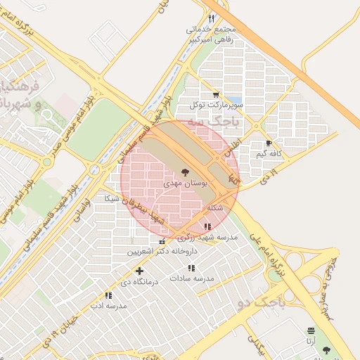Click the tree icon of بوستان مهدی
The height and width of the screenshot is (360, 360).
[x=185, y=171]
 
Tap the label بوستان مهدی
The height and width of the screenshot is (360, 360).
[x=185, y=182]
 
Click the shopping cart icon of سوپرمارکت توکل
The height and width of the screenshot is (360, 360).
[x=215, y=94]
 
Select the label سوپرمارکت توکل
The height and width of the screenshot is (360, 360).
[x=215, y=105]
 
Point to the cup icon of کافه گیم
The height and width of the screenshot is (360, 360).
[x=269, y=143]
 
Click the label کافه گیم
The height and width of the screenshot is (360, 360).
[x=269, y=153]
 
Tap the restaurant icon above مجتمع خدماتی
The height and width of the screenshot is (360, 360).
[x=210, y=18]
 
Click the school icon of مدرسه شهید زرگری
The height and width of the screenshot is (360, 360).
[x=207, y=226]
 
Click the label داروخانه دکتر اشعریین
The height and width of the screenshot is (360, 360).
[x=158, y=251]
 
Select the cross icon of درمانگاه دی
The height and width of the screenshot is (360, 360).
[x=139, y=271]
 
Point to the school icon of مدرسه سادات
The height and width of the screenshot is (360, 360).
[x=191, y=268]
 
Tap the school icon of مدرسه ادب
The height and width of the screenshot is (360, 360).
[x=108, y=296]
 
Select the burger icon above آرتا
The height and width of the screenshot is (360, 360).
[x=311, y=330]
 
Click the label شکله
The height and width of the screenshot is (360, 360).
[x=215, y=208]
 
